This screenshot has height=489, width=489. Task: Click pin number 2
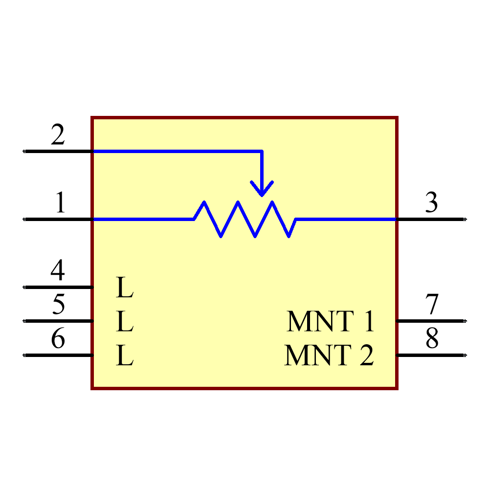(x=58, y=135)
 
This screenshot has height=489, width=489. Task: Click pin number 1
(x=60, y=203)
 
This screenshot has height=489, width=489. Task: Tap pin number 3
(x=431, y=203)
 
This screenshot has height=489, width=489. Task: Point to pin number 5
(x=58, y=304)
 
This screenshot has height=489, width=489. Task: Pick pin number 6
(x=58, y=338)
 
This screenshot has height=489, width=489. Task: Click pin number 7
(x=431, y=304)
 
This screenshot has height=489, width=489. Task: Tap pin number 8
(x=431, y=338)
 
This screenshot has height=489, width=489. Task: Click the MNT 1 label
(x=330, y=321)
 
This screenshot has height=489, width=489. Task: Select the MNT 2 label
(x=329, y=356)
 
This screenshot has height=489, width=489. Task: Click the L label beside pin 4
(x=124, y=288)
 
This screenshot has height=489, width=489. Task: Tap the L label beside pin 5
(x=124, y=322)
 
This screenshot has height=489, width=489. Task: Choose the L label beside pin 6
(x=124, y=356)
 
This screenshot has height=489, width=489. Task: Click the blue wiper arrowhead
(x=262, y=189)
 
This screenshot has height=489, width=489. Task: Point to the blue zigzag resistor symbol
(x=244, y=219)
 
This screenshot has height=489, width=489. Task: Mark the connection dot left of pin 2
(x=23, y=151)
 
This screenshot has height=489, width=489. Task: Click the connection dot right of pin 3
(x=465, y=219)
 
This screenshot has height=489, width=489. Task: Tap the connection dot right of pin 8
(x=465, y=355)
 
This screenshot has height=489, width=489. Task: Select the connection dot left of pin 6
(x=23, y=355)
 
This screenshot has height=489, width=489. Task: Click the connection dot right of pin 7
(x=465, y=321)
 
